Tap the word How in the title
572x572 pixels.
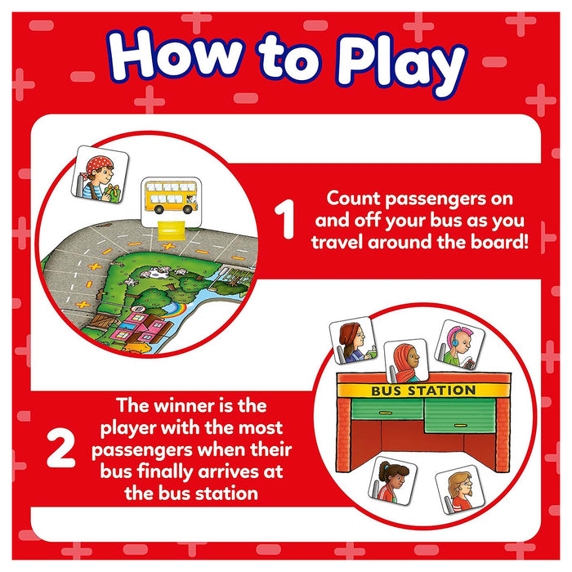coord(176,55)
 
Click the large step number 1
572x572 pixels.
coord(284,219)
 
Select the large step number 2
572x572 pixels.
coord(61,448)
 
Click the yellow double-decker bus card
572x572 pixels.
coord(172,203)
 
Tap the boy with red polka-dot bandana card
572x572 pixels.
coord(100,174)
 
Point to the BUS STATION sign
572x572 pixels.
coord(423,391)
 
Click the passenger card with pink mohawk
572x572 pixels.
coord(459,345)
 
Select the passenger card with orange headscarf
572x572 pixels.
coord(406,360)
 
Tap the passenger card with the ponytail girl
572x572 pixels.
coord(392,480)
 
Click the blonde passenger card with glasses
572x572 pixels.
coord(460,490)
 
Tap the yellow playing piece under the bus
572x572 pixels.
coord(171,230)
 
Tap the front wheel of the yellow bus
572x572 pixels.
coord(188,209)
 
